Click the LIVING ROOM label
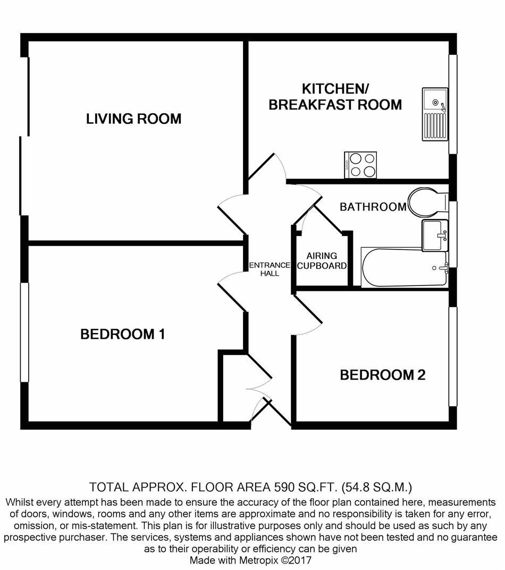point(133,119)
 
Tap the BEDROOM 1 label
point(122,334)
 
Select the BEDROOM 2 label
point(383,375)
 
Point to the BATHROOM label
point(373,207)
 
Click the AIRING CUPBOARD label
point(322,261)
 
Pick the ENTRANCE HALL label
point(270,270)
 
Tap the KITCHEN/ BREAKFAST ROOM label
point(335,97)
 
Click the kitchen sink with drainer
point(435,114)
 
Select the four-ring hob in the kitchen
point(361,165)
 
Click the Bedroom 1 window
point(24,332)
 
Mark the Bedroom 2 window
point(452,356)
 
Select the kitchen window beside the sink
point(453,104)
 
